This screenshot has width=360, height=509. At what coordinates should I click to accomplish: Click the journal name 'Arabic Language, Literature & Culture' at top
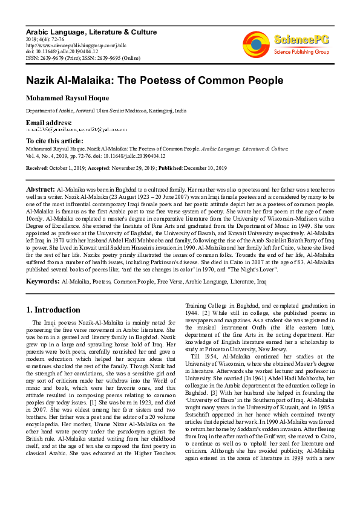click(x=91, y=32)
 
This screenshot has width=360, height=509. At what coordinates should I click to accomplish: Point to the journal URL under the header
click(x=67, y=45)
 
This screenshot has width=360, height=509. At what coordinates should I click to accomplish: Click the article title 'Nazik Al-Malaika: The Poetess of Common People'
click(x=146, y=80)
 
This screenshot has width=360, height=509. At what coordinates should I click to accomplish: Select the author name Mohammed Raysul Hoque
click(x=68, y=99)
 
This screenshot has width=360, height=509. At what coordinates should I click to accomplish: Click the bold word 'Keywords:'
click(x=42, y=281)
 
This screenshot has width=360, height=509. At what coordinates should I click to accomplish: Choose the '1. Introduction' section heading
click(x=53, y=310)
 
